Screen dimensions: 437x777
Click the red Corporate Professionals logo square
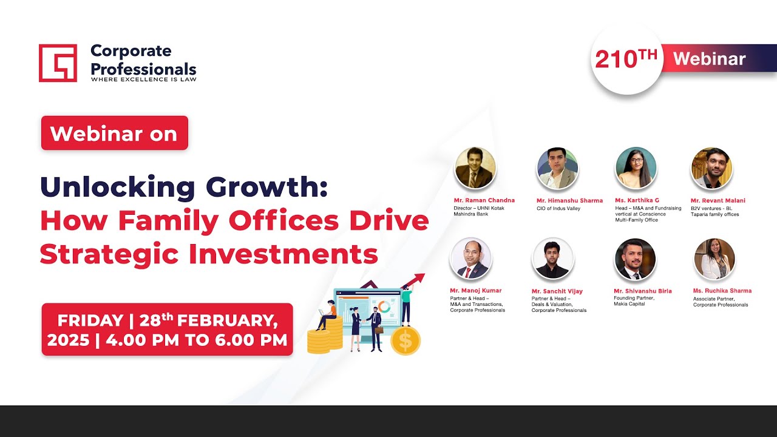(x=58, y=63)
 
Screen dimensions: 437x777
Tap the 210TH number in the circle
(x=626, y=59)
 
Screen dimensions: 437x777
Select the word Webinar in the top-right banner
(x=709, y=59)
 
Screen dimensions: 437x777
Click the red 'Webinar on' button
(x=114, y=133)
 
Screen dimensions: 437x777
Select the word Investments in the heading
(x=283, y=254)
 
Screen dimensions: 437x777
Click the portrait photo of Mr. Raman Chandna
(x=475, y=168)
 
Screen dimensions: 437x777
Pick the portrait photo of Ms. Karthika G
(x=636, y=168)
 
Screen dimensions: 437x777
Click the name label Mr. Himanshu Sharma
(x=569, y=200)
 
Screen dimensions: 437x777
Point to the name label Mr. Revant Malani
(x=718, y=200)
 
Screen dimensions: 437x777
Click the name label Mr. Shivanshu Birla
(x=642, y=291)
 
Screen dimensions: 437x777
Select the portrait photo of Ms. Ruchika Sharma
(x=714, y=259)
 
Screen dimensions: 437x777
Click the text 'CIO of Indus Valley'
(x=558, y=209)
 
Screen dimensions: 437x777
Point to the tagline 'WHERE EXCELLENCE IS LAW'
(x=143, y=79)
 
